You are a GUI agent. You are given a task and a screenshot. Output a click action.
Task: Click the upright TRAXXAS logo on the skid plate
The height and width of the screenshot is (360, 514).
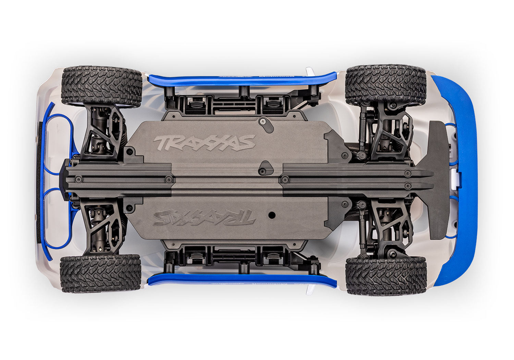tap(205, 143)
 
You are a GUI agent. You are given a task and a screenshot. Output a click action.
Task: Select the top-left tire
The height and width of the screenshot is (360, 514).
tap(101, 86)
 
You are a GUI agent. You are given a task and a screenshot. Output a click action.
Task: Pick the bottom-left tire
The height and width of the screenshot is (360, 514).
tap(100, 273)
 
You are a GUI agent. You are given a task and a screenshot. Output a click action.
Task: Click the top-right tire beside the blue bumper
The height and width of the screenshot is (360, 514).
tap(385, 85)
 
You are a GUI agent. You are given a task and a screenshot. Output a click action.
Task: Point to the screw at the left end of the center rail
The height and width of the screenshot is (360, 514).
tap(78, 179)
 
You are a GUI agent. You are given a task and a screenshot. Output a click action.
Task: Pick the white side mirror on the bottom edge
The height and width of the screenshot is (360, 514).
tap(310, 289)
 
